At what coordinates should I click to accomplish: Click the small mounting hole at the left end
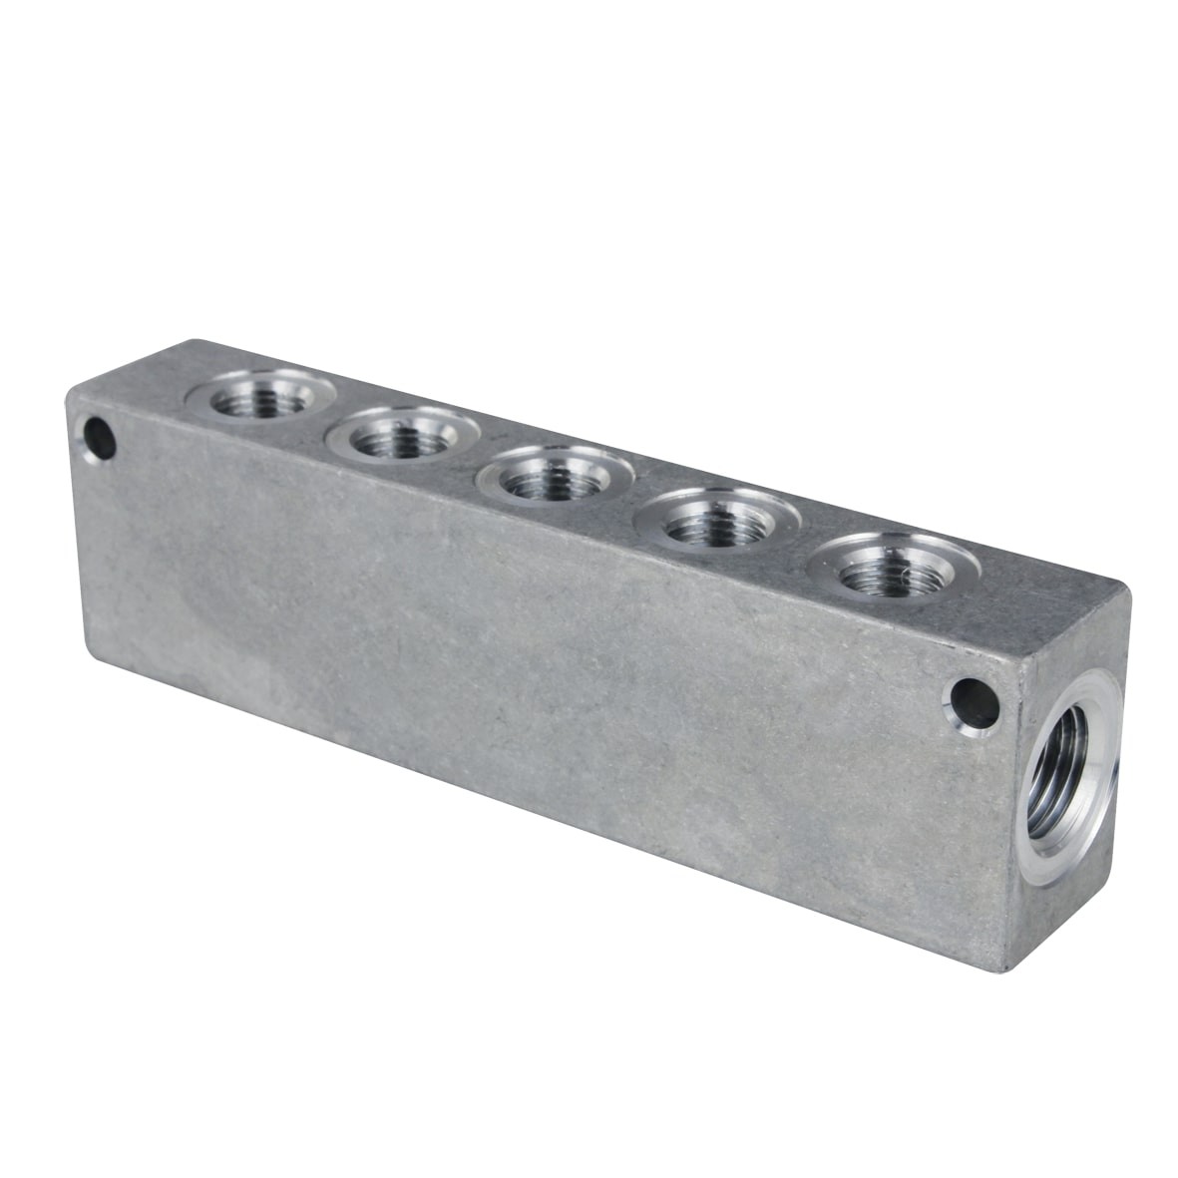99,437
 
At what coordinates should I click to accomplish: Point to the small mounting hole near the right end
974,703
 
